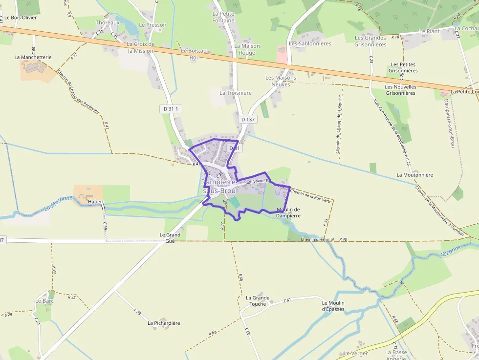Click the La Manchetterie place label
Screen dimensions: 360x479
(x=33, y=57)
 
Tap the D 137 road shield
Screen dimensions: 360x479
(x=248, y=119)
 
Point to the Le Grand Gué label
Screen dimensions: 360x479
(x=170, y=238)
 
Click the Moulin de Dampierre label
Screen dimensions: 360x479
(x=288, y=212)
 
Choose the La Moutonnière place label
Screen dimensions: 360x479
(x=414, y=174)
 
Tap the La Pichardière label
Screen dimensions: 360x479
(x=164, y=323)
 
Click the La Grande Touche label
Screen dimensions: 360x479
(x=258, y=300)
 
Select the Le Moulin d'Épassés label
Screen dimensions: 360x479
(x=333, y=306)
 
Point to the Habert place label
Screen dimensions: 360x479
(x=96, y=201)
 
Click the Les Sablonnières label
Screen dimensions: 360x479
(x=310, y=43)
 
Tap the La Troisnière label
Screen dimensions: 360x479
(x=236, y=93)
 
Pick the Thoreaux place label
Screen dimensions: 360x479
(x=108, y=22)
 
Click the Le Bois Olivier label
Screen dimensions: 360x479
(x=21, y=18)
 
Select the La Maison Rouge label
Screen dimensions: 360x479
(x=247, y=49)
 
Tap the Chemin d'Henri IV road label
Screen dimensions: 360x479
(x=317, y=239)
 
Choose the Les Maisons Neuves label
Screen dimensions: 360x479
(x=281, y=81)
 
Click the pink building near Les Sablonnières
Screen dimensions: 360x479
(x=282, y=54)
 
